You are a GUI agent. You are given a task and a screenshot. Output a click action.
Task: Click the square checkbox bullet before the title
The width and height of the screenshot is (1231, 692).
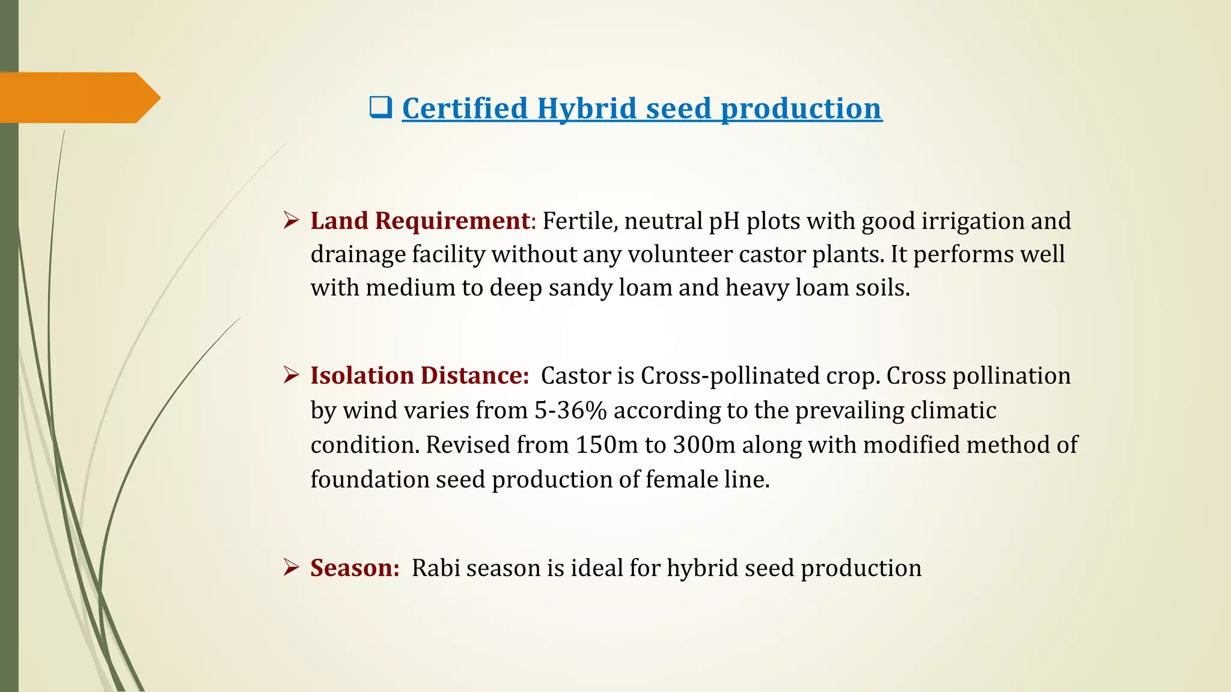pos(380,108)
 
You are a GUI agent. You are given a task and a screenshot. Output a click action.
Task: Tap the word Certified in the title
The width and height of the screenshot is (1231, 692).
pos(465,109)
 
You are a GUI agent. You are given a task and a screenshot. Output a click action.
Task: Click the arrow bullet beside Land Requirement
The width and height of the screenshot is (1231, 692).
pos(292,220)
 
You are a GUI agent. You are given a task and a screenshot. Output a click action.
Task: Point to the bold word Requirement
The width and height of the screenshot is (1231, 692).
pos(451,221)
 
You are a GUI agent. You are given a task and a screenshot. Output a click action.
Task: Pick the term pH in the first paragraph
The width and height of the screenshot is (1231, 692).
pos(724,222)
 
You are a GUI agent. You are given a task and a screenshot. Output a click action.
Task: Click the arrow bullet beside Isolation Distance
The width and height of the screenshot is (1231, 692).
pos(292,375)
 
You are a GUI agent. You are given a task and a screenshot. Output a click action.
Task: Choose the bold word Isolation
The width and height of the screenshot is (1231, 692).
pos(362,376)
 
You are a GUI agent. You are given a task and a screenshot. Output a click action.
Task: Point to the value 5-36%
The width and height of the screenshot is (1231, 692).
pos(570,411)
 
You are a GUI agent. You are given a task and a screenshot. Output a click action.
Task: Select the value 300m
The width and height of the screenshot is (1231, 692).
pos(704,445)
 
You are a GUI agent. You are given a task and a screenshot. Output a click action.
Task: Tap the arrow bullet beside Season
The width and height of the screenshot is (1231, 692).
pos(292,568)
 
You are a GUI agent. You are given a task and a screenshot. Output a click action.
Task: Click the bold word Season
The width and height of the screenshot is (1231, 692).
pos(355,568)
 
